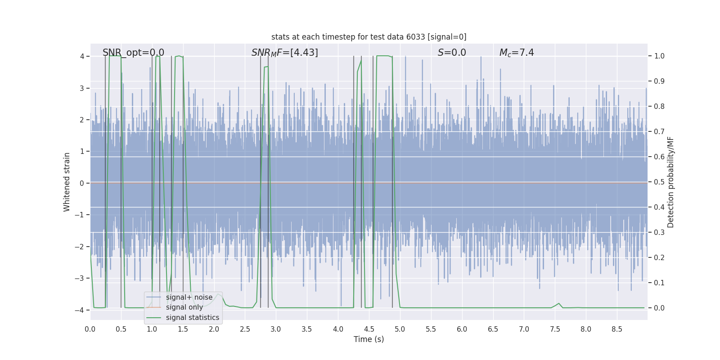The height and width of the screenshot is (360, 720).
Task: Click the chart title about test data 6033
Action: click(x=369, y=37)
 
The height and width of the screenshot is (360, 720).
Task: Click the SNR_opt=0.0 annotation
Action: click(x=133, y=53)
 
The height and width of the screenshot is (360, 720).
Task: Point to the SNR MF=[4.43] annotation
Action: click(x=284, y=53)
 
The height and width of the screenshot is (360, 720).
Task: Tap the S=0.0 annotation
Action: click(x=452, y=53)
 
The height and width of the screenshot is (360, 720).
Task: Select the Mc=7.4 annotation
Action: click(x=517, y=53)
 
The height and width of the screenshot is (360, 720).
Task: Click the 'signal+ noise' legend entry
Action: click(x=189, y=297)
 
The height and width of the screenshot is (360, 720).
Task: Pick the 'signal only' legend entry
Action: click(x=184, y=307)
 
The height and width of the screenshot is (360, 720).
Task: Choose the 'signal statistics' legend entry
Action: click(x=193, y=318)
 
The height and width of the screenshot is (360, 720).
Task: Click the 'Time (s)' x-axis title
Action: click(x=369, y=339)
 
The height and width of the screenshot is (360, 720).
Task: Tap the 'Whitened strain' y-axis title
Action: click(x=67, y=182)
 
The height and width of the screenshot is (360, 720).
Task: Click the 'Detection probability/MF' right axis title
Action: click(x=670, y=182)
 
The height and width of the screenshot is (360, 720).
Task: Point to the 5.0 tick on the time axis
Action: click(x=400, y=329)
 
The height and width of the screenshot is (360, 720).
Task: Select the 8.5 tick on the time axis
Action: click(x=616, y=329)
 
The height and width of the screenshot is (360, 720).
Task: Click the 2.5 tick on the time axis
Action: click(x=245, y=329)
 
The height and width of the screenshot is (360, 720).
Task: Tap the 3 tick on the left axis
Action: click(x=82, y=88)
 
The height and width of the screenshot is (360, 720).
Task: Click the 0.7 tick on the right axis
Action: click(x=659, y=132)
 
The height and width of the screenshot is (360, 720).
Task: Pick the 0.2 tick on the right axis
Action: click(x=659, y=258)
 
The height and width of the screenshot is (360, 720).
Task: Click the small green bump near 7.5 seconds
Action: click(x=559, y=304)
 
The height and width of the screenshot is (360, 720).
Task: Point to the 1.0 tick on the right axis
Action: click(x=659, y=56)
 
